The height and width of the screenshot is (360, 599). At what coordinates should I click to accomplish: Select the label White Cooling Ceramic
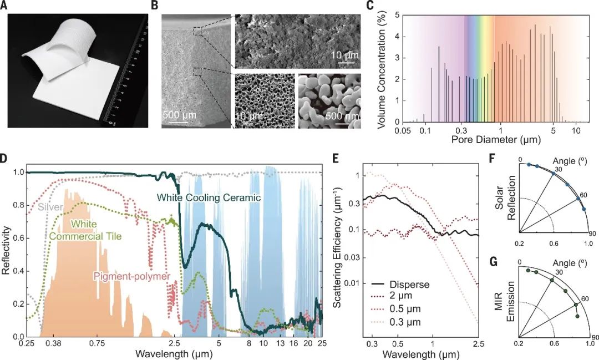tap(209, 197)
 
